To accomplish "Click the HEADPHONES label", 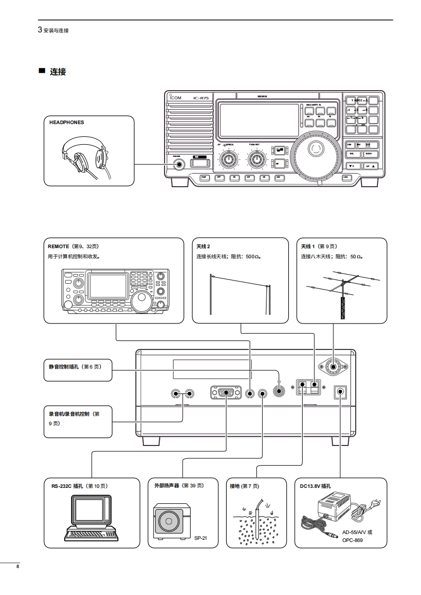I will point(66,122).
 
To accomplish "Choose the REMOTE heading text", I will point(58,247).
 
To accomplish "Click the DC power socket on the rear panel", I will point(340,392).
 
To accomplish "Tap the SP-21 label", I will point(200,538).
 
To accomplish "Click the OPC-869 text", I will point(353,540).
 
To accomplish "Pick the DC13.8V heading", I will point(315,485).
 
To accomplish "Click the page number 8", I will point(18,567).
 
